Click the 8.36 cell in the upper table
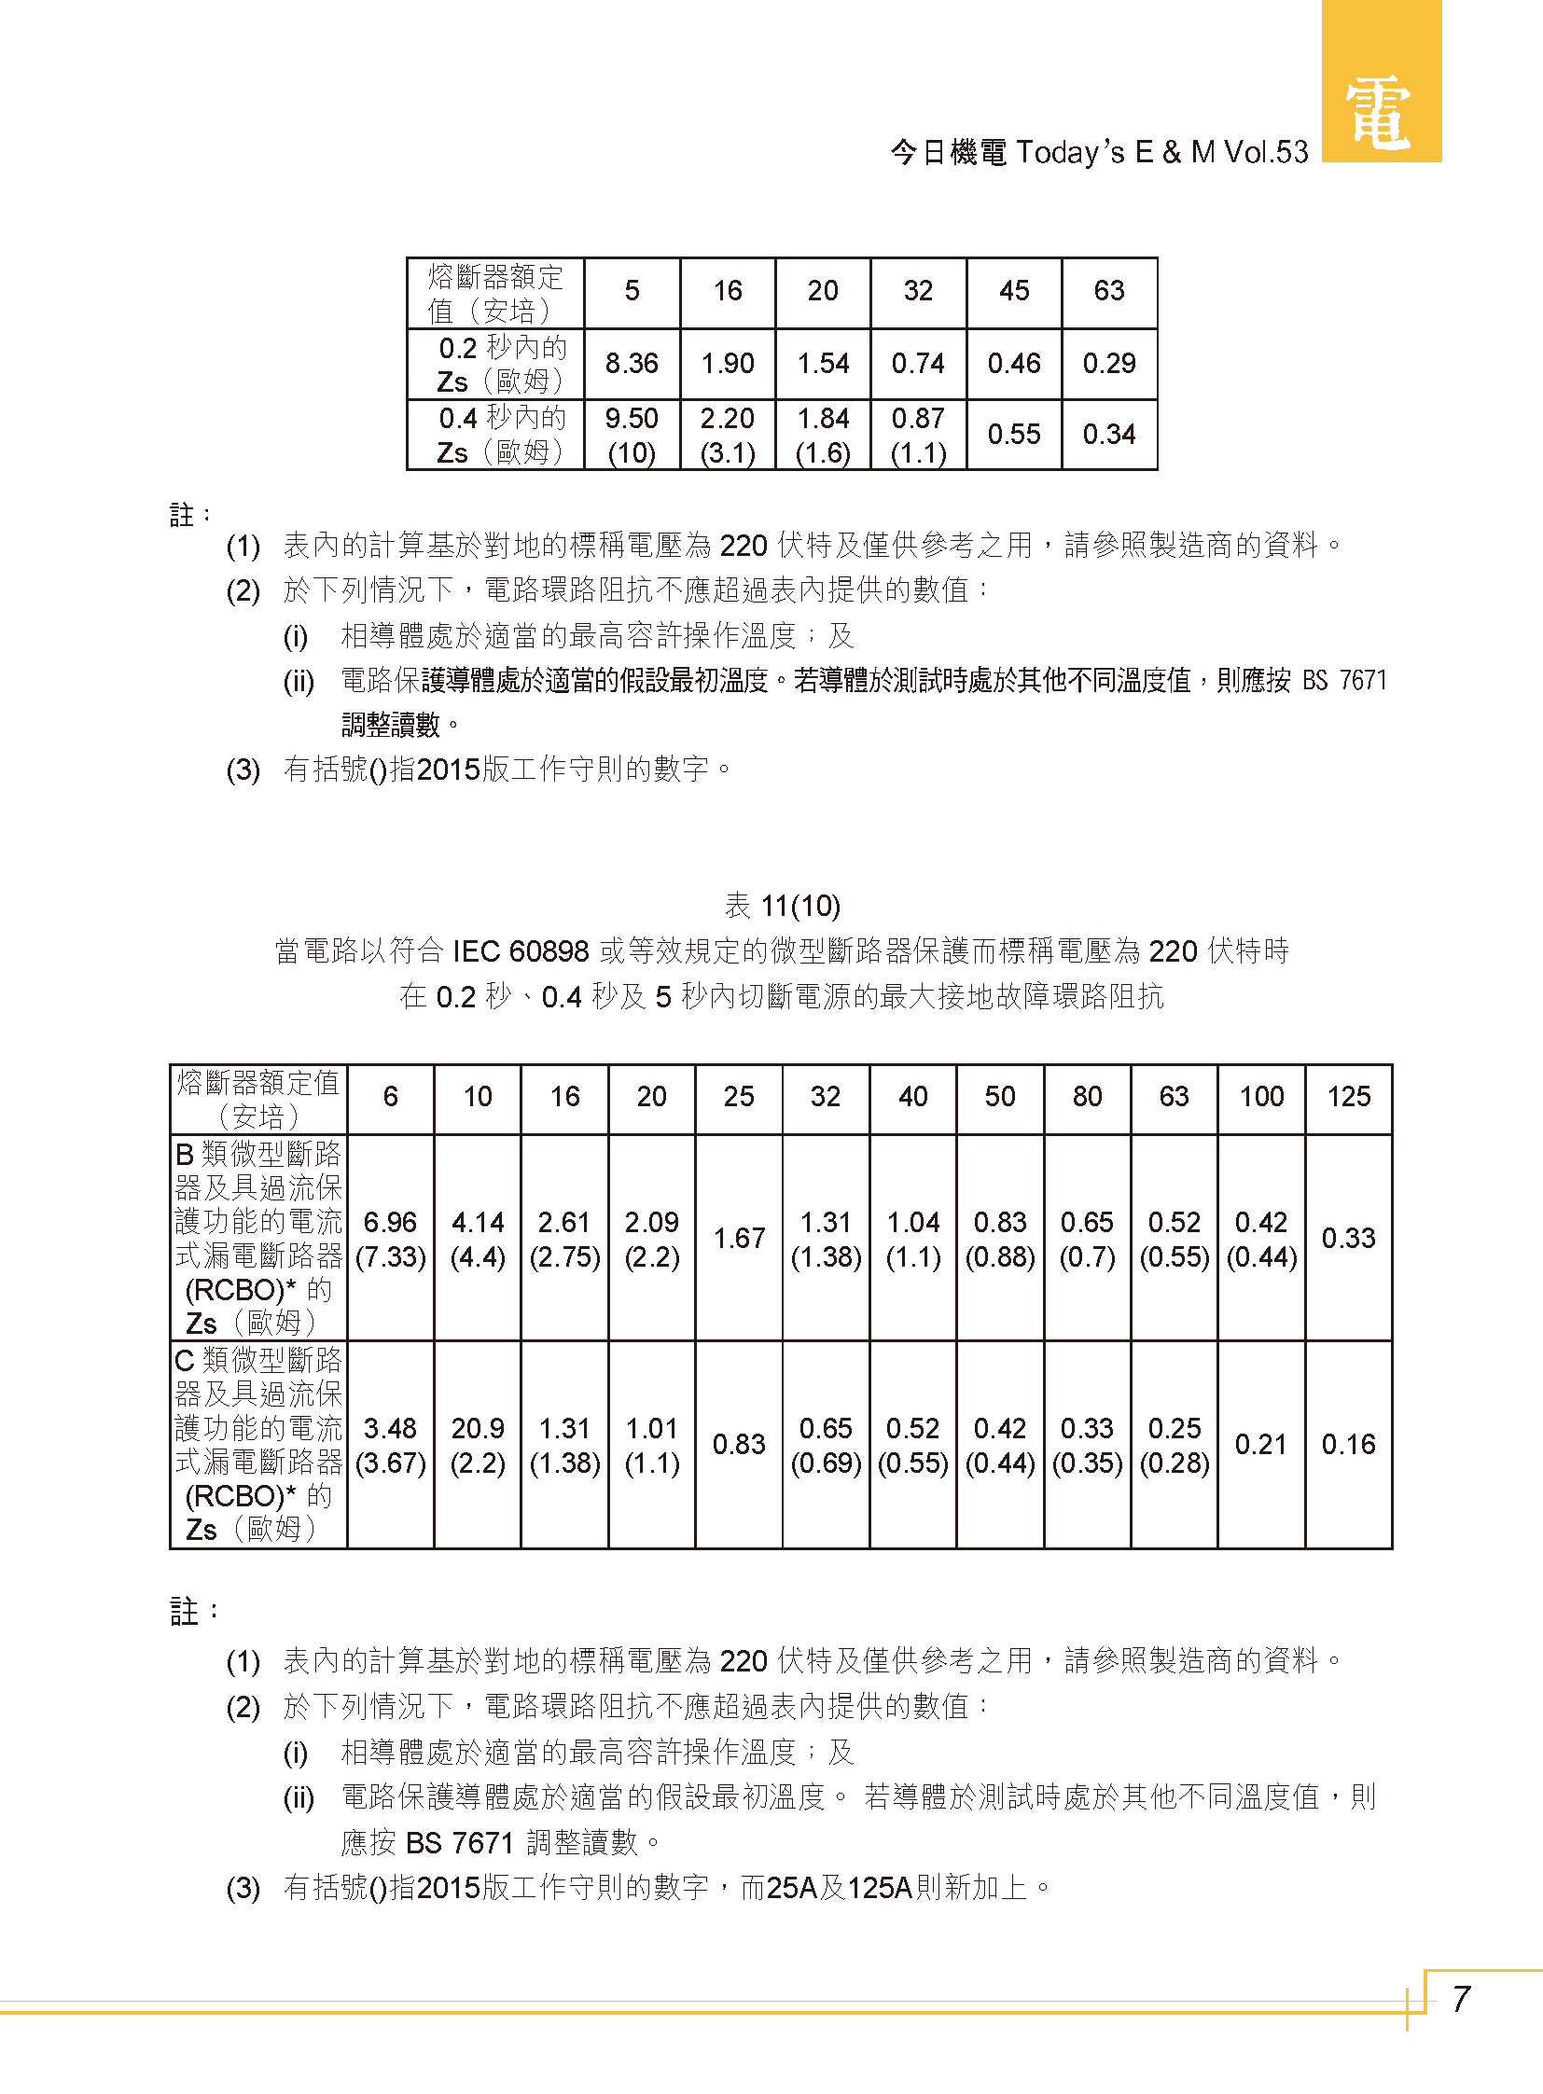[632, 364]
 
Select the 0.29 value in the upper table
[1108, 364]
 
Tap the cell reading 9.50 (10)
[632, 436]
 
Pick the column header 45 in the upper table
[1013, 291]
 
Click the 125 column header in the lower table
[1348, 1097]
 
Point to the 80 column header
[1087, 1097]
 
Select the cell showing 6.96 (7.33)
[391, 1239]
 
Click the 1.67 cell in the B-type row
[739, 1239]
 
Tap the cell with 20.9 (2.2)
[478, 1445]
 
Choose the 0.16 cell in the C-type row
[1348, 1445]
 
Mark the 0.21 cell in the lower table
[1261, 1445]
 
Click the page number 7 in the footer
[1462, 1999]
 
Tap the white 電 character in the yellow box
[1379, 113]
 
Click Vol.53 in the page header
[1266, 152]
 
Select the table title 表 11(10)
[782, 906]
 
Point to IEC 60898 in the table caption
[521, 951]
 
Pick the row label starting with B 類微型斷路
[258, 1239]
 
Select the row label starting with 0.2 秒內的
[501, 365]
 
